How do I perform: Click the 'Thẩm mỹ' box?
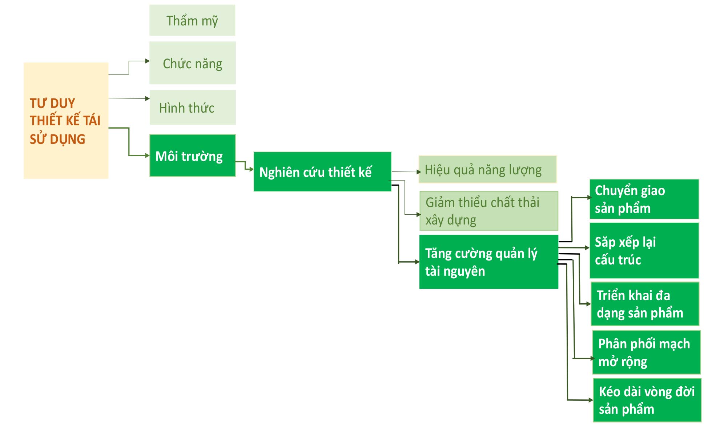(x=192, y=20)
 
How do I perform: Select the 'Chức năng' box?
(x=192, y=63)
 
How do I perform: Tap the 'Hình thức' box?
(x=192, y=108)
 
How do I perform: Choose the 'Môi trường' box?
(x=192, y=155)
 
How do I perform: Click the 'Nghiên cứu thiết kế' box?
(x=322, y=172)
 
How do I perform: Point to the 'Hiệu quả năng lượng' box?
(x=487, y=169)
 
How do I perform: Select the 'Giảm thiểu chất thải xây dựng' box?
(x=488, y=211)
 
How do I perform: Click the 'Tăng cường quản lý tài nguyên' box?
(x=488, y=262)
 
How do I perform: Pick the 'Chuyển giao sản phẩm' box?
(x=644, y=199)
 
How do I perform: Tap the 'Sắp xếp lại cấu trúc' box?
(x=644, y=251)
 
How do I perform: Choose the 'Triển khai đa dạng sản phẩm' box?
(x=644, y=304)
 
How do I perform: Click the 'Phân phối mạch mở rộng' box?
(x=646, y=352)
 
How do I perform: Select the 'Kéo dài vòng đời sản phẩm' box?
(x=647, y=400)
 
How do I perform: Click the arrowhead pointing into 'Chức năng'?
(x=147, y=61)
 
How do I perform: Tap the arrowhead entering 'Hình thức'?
(x=147, y=98)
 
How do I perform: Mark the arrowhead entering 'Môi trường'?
(x=147, y=155)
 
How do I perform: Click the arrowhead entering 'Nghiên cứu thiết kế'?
(x=251, y=169)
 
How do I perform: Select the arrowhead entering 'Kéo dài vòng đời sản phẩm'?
(x=591, y=400)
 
